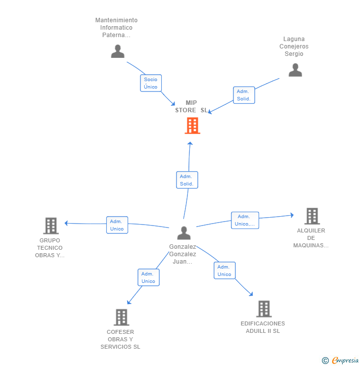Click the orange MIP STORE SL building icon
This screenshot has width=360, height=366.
coord(192,126)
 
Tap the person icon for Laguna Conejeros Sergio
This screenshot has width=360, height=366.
coord(295,70)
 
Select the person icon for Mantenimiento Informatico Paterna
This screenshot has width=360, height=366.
coord(118,51)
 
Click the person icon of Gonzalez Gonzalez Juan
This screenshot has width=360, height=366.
coord(183,232)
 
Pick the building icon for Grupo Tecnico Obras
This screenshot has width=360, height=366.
coord(51,226)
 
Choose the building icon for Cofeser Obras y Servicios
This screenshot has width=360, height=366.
coord(121,317)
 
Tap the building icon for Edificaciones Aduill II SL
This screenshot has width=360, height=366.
coord(264,309)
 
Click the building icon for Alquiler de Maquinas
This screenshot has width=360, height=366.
coord(312,216)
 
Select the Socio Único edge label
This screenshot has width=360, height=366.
coord(151,83)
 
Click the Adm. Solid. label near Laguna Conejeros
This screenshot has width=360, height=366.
coord(244,95)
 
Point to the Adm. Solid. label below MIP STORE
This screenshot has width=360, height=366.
coord(187,180)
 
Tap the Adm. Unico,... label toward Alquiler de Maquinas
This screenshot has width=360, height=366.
coord(245,220)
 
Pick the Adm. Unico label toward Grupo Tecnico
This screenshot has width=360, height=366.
coord(117,225)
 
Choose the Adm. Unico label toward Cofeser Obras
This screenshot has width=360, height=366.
coord(148,277)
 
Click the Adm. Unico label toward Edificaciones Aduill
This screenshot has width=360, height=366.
coord(225,271)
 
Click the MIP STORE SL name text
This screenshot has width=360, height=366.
coord(191,106)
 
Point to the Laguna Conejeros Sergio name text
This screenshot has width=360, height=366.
coord(294,46)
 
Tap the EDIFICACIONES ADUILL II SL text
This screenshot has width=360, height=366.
coord(263,327)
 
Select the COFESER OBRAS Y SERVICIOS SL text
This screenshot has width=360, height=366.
coord(120,339)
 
